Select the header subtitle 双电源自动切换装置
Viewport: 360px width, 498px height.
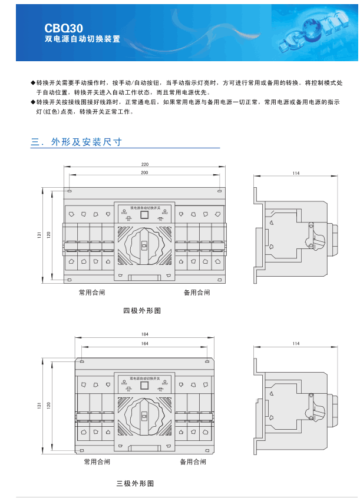click(82, 39)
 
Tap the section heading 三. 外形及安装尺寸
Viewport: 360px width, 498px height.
click(77, 142)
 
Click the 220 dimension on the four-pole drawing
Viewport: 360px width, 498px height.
click(144, 164)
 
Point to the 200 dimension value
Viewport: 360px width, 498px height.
click(144, 172)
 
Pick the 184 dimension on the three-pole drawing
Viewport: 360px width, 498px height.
click(144, 334)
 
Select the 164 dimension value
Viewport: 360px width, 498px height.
click(144, 343)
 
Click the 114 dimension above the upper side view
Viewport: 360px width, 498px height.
click(296, 173)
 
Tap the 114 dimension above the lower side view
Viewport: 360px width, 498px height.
click(296, 343)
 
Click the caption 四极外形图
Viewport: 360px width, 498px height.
click(142, 310)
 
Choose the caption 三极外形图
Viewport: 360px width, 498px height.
click(135, 483)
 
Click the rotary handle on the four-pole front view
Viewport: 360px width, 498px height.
click(144, 244)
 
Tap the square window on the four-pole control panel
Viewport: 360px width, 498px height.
click(144, 215)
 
